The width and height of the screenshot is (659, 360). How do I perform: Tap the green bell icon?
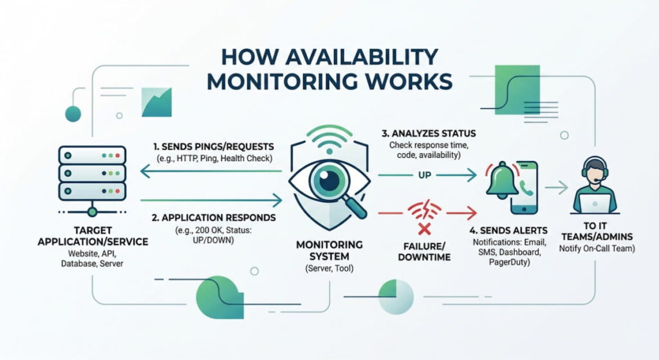[502, 180]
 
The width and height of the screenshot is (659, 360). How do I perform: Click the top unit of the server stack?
[91, 155]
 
